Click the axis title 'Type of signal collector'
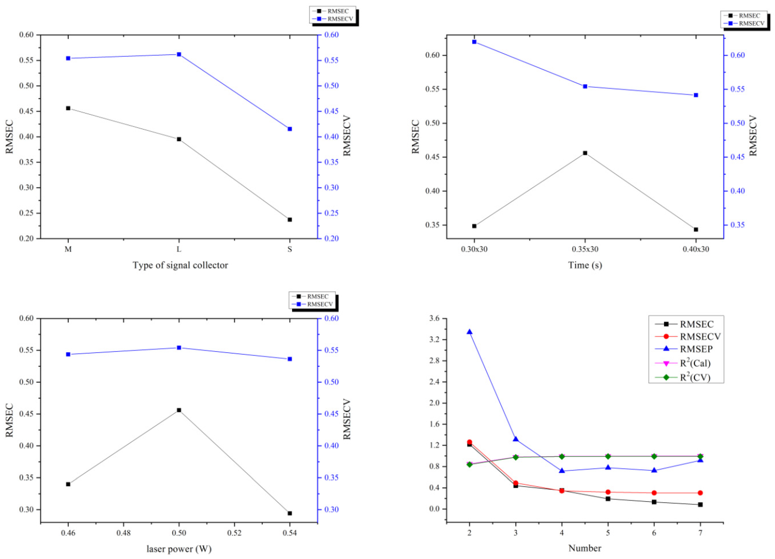tap(180, 265)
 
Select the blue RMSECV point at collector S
tap(290, 129)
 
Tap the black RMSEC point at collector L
tap(179, 139)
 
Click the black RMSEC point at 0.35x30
tap(585, 153)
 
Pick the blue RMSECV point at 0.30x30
tap(474, 42)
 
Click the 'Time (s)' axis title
tap(585, 265)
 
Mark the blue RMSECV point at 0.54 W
tap(290, 359)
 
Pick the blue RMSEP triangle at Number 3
tap(516, 439)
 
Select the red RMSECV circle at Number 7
tap(700, 493)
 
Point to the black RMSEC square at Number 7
tap(700, 504)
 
